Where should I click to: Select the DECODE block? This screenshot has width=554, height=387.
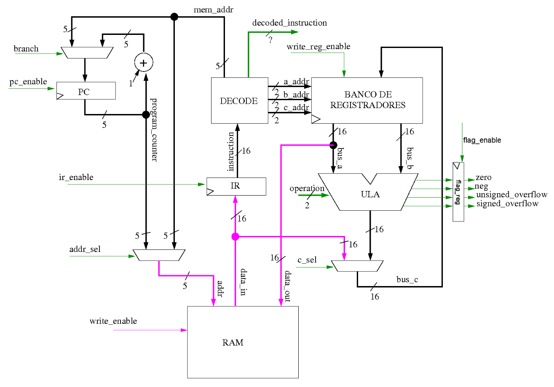[239, 101]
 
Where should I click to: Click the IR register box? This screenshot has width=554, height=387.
[236, 186]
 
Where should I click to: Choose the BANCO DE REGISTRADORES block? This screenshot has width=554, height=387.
[367, 101]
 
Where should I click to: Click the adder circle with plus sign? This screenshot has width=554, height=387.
[143, 63]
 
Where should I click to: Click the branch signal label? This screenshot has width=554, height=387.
[26, 49]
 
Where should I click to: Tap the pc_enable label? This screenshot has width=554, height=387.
[28, 81]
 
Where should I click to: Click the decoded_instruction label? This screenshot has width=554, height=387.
[289, 23]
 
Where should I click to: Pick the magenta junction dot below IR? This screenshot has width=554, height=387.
[236, 237]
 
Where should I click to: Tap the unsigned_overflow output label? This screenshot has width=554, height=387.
[511, 195]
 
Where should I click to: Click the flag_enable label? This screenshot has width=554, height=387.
[482, 140]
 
